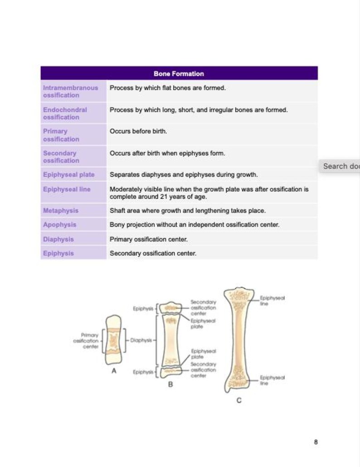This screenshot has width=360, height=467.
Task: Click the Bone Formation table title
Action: click(179, 74)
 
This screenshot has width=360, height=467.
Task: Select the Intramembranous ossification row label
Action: click(71, 91)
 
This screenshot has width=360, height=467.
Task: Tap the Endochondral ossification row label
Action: click(65, 113)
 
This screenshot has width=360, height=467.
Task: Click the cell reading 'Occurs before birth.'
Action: click(138, 131)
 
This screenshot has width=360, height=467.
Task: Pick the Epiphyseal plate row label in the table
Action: click(69, 175)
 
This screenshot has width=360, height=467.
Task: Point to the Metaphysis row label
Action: click(61, 211)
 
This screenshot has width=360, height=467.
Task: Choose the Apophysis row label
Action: click(60, 225)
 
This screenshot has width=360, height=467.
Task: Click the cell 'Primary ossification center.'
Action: click(149, 239)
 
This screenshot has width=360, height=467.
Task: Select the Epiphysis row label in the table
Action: click(58, 253)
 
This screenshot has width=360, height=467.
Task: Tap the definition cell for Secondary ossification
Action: click(167, 153)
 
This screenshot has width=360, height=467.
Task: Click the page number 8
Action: click(316, 442)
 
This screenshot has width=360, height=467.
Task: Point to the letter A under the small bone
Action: click(114, 371)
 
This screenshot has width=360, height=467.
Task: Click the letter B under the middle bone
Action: click(170, 384)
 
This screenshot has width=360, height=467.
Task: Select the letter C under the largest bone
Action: click(239, 400)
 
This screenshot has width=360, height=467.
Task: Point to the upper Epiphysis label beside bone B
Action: click(143, 309)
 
